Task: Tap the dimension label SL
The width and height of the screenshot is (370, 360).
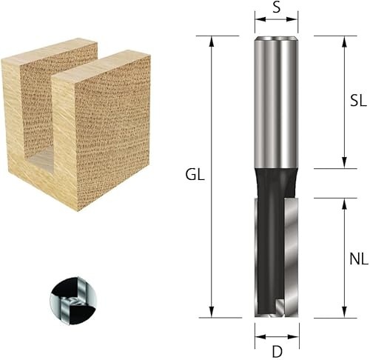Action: [358, 102]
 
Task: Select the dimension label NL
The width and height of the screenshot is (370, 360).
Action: [358, 260]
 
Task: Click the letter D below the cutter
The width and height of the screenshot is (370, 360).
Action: [277, 350]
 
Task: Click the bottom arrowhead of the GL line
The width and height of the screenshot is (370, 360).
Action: [212, 314]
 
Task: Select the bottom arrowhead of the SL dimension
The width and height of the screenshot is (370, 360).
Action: [344, 164]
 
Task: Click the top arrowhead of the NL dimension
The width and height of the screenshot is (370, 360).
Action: [344, 202]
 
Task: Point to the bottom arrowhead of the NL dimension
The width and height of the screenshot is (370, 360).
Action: [344, 314]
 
